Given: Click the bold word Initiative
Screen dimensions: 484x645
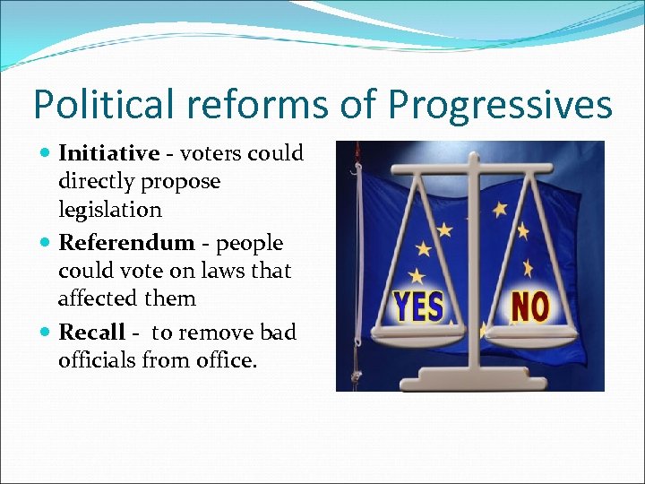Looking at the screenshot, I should coord(108,153).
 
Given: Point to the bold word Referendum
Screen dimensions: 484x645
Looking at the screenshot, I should coord(126,243).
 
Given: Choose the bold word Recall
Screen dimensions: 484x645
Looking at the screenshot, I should coord(91,333).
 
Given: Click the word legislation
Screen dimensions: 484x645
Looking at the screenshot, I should coord(110,210).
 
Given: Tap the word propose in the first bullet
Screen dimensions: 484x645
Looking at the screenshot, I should coord(178,182).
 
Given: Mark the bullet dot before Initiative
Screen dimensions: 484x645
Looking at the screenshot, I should coord(46,154).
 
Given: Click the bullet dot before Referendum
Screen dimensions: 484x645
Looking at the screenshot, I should coord(46,244).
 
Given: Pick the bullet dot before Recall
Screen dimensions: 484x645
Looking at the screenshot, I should coord(46,333).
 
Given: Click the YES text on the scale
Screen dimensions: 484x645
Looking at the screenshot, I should coord(419,307).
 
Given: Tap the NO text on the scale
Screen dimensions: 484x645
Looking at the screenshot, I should coord(529,307).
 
